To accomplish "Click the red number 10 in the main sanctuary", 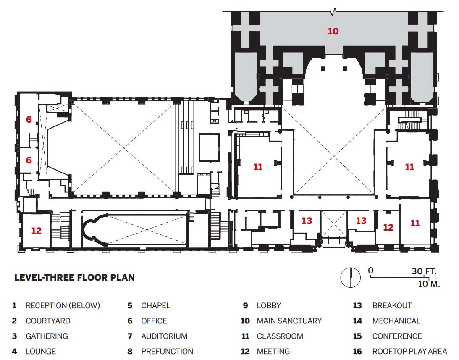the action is [333, 31].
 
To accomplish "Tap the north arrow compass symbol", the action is [350, 277].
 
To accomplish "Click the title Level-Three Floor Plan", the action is [74, 277].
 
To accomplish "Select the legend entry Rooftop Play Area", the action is [409, 351].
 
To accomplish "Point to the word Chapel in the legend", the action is [155, 305].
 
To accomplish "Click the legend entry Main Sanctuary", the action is [289, 321].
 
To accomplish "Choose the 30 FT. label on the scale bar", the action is [424, 271].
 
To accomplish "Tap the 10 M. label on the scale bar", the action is [429, 284].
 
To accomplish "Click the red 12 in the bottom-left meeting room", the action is [36, 231].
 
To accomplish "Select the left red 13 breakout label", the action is [307, 221].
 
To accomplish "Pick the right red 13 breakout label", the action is [361, 221].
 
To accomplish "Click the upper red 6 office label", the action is [29, 119].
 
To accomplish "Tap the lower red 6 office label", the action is [29, 160].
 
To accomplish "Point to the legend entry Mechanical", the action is [396, 321].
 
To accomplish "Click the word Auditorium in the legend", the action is [164, 336].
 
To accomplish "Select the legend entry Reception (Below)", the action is [63, 305].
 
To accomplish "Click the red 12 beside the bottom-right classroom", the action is [388, 227].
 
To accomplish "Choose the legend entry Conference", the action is [397, 336].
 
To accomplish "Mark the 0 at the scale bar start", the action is [370, 271].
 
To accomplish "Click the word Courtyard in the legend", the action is [48, 321].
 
